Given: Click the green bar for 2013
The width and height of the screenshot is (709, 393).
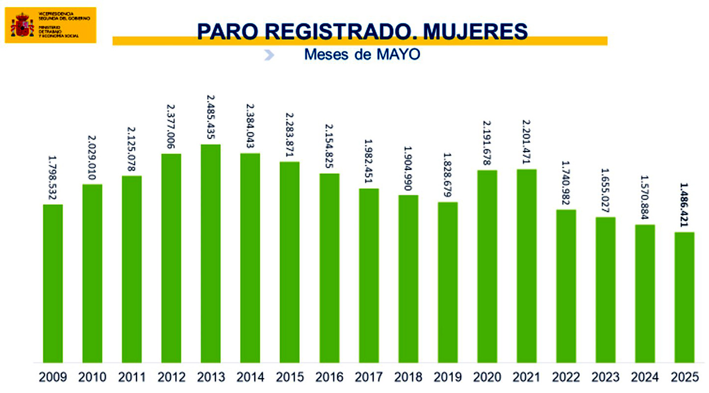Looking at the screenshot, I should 211,253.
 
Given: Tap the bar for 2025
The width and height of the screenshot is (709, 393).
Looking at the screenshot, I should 684,297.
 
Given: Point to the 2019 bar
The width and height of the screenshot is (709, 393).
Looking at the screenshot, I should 448,282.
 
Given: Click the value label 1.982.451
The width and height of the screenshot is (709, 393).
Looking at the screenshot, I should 369,161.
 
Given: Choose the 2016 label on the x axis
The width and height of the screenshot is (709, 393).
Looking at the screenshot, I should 329,377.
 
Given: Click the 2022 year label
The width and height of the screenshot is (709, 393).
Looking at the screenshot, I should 566,377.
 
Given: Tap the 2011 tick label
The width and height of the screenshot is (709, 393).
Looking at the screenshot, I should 132,377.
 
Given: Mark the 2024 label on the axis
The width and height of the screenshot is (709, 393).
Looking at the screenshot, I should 645,377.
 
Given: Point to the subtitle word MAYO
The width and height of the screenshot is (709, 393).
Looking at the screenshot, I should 398,54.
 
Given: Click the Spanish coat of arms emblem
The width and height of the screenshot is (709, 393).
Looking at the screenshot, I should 22,25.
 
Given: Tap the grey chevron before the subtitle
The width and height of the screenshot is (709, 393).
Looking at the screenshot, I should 269,55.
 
